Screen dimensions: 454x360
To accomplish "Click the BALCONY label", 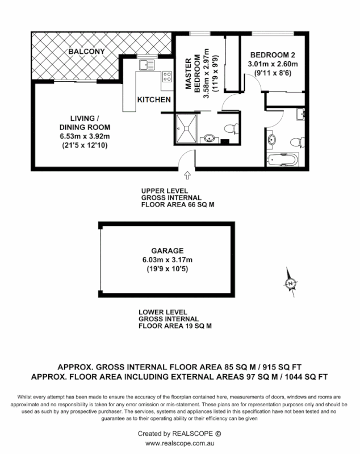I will pos(86,52).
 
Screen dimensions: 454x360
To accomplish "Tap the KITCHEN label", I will pos(154,99).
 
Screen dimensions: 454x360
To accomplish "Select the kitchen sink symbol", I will pos(147,64).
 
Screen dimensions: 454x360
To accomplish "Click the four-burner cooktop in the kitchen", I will pos(168,76).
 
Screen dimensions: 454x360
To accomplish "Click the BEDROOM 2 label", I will pos(273,55).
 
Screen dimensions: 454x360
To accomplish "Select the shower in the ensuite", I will pos(186,128).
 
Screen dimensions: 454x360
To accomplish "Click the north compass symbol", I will pos(291,283).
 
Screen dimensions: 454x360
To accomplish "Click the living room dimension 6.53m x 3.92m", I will pos(85,136).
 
